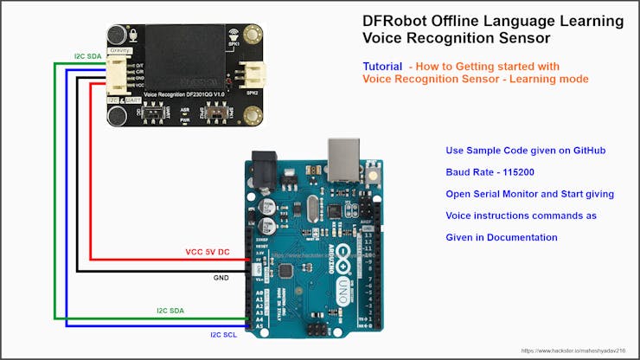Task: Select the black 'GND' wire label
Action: coord(222,279)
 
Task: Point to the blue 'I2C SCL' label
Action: coord(223,334)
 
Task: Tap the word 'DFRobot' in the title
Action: coord(394,20)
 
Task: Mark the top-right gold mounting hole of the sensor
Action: coord(253,35)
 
